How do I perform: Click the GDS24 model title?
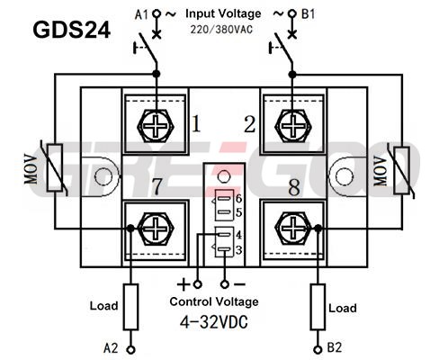pyautogui.click(x=71, y=30)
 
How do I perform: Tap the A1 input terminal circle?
pyautogui.click(x=157, y=13)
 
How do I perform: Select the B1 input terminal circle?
pyautogui.click(x=291, y=13)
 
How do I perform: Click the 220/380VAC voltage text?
pyautogui.click(x=221, y=30)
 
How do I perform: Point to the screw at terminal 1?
pyautogui.click(x=156, y=126)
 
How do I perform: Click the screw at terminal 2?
pyautogui.click(x=292, y=126)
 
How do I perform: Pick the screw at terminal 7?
pyautogui.click(x=156, y=229)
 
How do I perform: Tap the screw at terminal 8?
pyautogui.click(x=292, y=229)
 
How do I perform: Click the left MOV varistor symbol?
pyautogui.click(x=55, y=167)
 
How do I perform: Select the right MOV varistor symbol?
pyautogui.click(x=402, y=170)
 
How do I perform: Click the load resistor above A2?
pyautogui.click(x=130, y=307)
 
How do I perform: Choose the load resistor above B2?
pyautogui.click(x=318, y=307)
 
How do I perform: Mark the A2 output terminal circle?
pyautogui.click(x=130, y=349)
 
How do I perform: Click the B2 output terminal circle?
pyautogui.click(x=318, y=349)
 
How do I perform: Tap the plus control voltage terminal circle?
pyautogui.click(x=197, y=284)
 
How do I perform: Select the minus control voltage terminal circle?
pyautogui.click(x=225, y=284)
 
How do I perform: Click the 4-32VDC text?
pyautogui.click(x=214, y=322)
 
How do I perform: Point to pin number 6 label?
pyautogui.click(x=238, y=198)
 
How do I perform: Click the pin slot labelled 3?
pyautogui.click(x=225, y=249)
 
